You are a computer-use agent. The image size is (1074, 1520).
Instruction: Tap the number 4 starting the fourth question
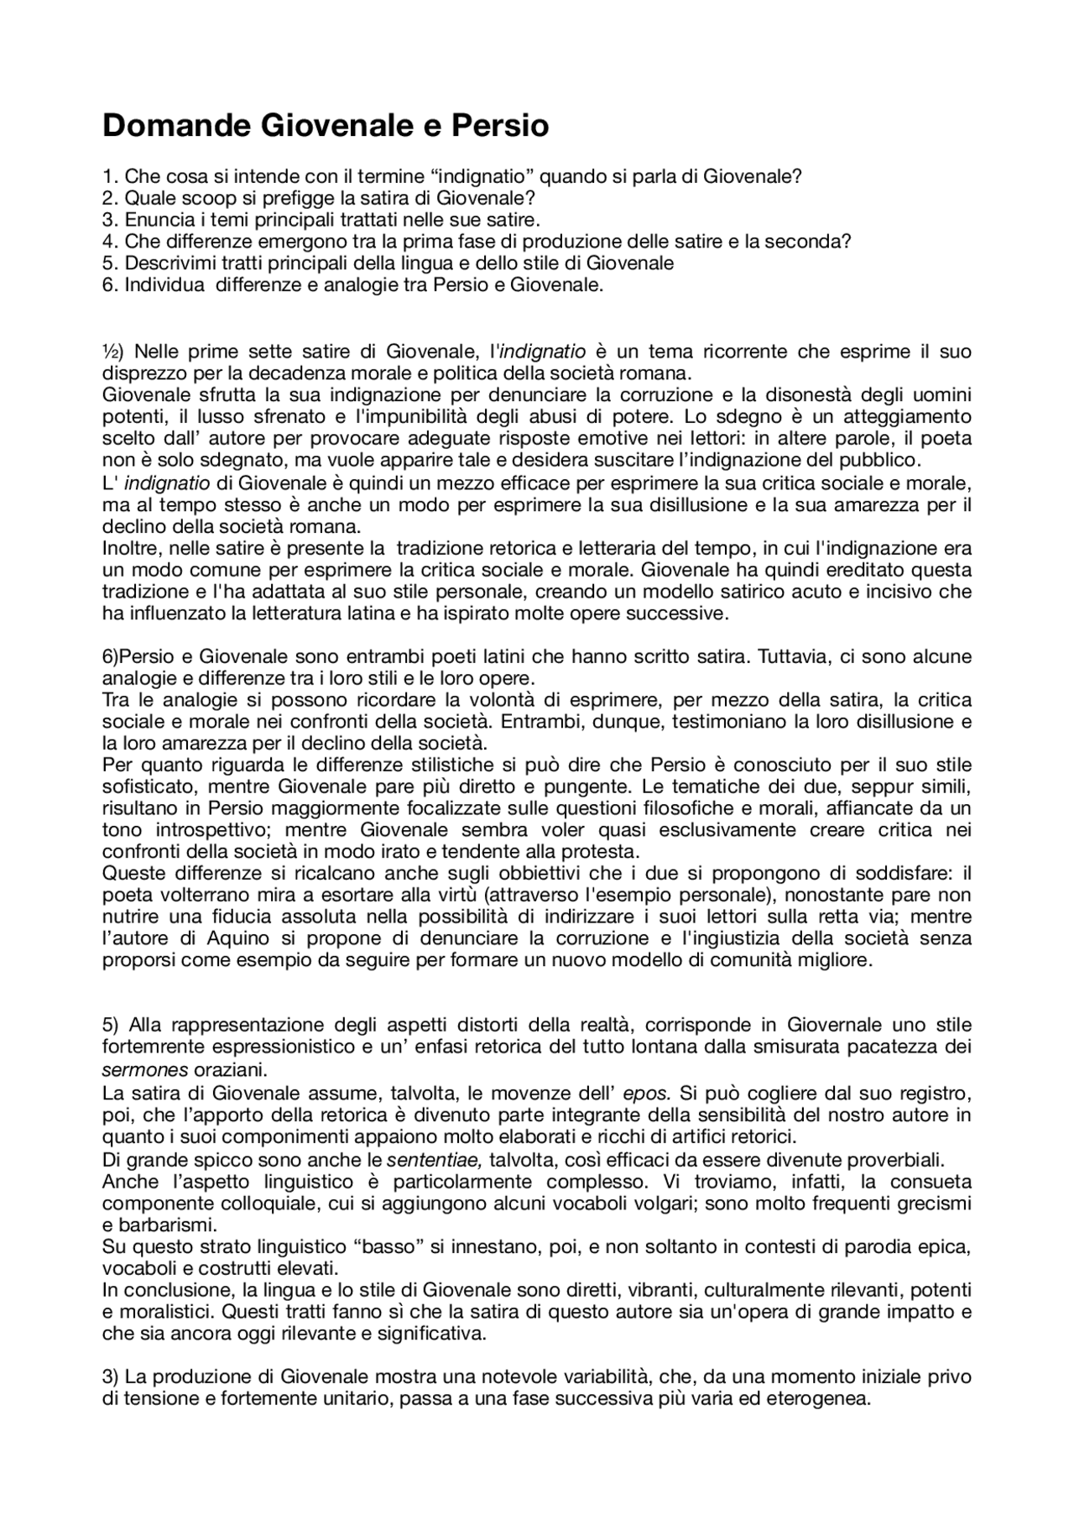[107, 242]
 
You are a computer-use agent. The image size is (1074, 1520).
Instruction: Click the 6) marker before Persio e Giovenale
[111, 656]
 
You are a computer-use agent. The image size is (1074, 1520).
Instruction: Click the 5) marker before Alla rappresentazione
[112, 1025]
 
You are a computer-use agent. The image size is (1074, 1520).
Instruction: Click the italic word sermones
[135, 1070]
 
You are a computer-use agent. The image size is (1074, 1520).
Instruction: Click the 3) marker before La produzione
[111, 1377]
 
